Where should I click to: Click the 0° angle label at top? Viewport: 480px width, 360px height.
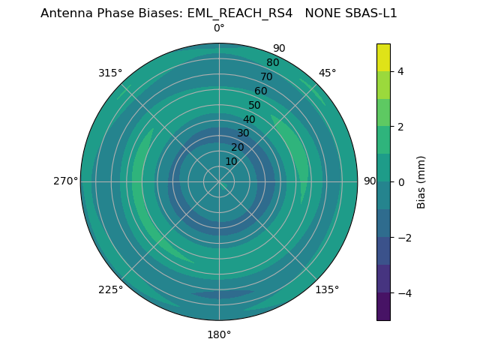[219, 28]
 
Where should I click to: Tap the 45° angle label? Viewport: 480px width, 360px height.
[327, 73]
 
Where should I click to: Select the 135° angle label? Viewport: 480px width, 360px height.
[327, 289]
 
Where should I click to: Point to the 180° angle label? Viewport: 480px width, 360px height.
[219, 334]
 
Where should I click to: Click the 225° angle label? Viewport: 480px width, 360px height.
[110, 289]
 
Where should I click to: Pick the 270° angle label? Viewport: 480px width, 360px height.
[65, 181]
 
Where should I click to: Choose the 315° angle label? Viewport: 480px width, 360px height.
[110, 73]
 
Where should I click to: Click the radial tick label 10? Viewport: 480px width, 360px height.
[231, 161]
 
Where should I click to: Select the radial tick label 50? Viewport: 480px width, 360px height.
[255, 106]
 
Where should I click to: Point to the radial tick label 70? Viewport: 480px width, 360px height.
[266, 77]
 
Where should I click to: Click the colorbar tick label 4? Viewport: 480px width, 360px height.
[400, 71]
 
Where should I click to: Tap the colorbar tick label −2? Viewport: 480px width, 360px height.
[403, 238]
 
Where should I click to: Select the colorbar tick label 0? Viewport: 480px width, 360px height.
[400, 182]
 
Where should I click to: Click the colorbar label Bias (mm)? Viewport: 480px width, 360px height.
[421, 182]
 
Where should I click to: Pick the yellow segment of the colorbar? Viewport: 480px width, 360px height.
[383, 57]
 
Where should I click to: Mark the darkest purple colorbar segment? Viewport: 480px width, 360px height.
[383, 307]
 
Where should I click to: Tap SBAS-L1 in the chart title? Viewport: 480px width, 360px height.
[370, 13]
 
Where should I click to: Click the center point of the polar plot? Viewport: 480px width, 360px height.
[219, 181]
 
